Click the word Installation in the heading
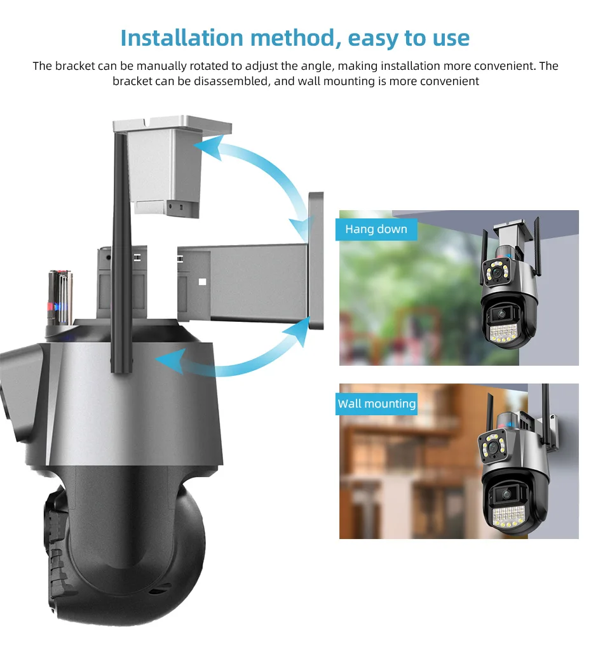pyautogui.click(x=182, y=38)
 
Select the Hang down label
pyautogui.click(x=376, y=229)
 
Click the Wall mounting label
pyautogui.click(x=377, y=404)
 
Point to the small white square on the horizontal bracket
pyautogui.click(x=202, y=282)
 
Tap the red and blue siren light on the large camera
pyautogui.click(x=60, y=297)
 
